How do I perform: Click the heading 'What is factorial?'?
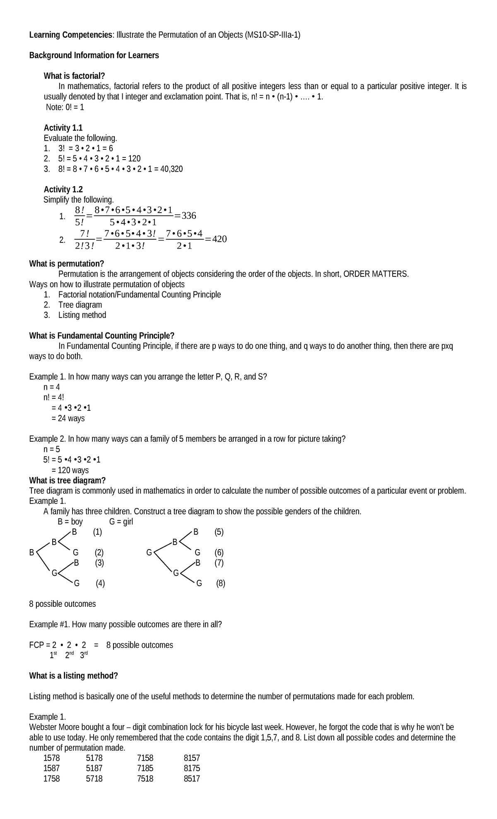click(75, 76)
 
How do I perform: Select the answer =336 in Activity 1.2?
click(185, 216)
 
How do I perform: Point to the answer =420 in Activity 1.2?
click(216, 239)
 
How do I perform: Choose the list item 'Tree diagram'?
click(80, 305)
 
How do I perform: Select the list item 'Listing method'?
click(82, 315)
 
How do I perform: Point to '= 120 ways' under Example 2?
click(70, 470)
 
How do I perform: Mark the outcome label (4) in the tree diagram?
click(100, 584)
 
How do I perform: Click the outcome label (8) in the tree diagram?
click(220, 584)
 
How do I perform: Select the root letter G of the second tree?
click(149, 552)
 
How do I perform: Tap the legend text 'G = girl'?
click(121, 521)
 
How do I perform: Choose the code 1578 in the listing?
click(52, 758)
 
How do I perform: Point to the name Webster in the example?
click(43, 727)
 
